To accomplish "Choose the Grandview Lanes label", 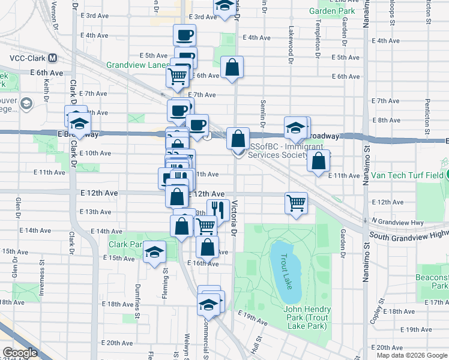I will [x=137, y=65].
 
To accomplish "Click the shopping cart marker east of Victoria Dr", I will [x=297, y=203].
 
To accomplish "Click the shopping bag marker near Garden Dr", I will [x=319, y=160].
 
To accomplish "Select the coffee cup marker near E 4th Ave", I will [x=185, y=34].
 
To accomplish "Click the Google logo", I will [x=20, y=353].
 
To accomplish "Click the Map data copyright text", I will [x=412, y=355].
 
